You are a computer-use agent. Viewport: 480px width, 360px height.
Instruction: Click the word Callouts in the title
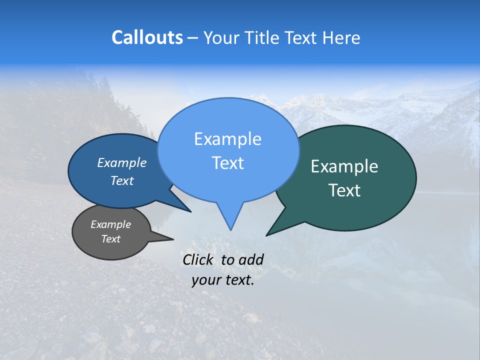pyautogui.click(x=147, y=37)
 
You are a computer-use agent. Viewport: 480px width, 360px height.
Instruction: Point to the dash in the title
pyautogui.click(x=193, y=38)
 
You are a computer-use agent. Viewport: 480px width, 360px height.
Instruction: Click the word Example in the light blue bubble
pyautogui.click(x=227, y=139)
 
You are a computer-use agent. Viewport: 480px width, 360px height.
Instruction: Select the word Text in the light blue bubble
pyautogui.click(x=227, y=163)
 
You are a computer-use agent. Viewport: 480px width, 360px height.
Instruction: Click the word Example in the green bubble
pyautogui.click(x=344, y=166)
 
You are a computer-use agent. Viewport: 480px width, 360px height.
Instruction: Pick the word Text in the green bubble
pyautogui.click(x=344, y=190)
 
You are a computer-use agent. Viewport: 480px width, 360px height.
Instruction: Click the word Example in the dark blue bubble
pyautogui.click(x=122, y=162)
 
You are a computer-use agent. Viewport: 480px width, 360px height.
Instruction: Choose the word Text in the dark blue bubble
pyautogui.click(x=122, y=180)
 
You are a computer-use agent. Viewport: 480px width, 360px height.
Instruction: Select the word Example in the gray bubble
pyautogui.click(x=110, y=224)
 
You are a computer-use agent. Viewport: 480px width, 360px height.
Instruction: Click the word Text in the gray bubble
pyautogui.click(x=110, y=239)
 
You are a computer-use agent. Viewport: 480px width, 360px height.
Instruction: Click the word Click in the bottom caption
pyautogui.click(x=198, y=259)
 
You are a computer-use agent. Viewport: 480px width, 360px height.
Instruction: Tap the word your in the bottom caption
pyautogui.click(x=205, y=280)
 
